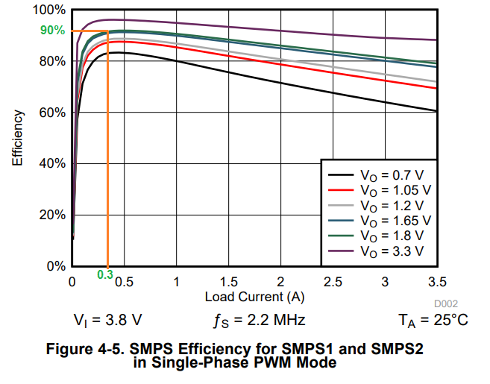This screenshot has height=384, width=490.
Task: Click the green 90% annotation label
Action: click(x=52, y=31)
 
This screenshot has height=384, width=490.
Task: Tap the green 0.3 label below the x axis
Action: click(x=104, y=274)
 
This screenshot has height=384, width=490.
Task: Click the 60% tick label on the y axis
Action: click(x=53, y=113)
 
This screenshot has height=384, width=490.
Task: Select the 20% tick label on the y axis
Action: click(x=53, y=215)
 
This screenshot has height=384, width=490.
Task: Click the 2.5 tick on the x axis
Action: click(x=333, y=281)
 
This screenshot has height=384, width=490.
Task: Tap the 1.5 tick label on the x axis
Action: click(x=228, y=281)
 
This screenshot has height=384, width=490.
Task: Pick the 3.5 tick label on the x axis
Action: click(x=437, y=281)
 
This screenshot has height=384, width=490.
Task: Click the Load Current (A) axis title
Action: click(x=254, y=296)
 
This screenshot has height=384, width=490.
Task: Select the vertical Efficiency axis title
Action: click(x=17, y=138)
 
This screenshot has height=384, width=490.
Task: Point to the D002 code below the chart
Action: click(x=445, y=303)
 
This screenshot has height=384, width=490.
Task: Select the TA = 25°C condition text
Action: click(x=433, y=321)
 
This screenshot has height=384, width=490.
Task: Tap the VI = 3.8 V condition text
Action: click(x=107, y=321)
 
